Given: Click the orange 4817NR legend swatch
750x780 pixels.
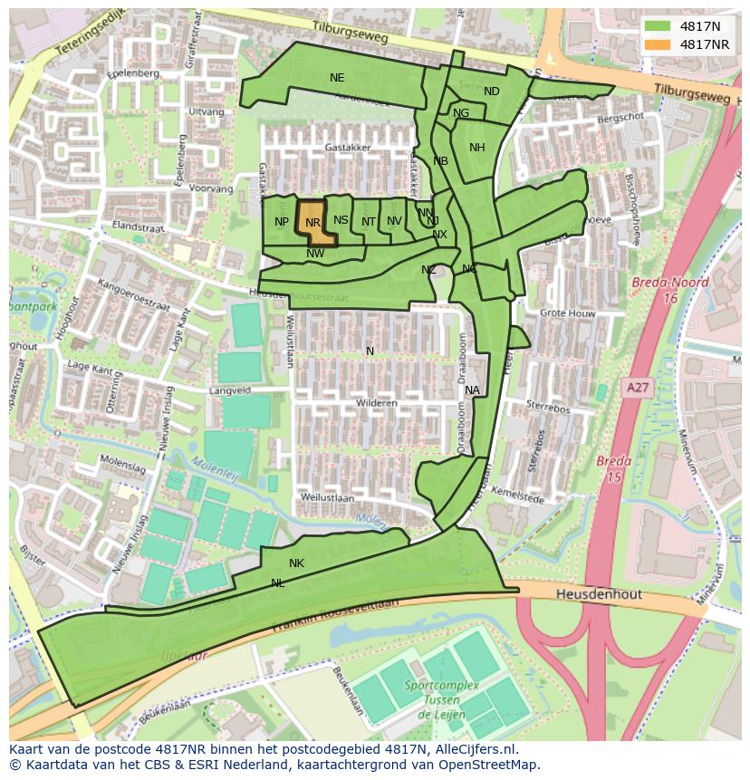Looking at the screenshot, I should point(659,44).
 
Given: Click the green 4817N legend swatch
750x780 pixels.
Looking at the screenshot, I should point(659,26).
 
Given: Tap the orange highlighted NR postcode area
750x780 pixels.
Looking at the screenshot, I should point(314,223).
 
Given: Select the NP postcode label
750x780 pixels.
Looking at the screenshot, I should point(282,222).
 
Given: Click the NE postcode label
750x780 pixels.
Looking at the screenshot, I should point(337,78).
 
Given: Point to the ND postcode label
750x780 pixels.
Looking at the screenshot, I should point(492,91).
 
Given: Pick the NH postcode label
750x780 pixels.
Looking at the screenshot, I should point(477,148).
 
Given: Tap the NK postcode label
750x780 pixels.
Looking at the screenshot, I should point(296,563).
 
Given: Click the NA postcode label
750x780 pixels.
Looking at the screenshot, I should point(472,390).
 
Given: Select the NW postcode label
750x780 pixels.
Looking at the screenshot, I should point(315,254).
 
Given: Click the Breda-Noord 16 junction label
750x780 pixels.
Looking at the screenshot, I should point(670,290).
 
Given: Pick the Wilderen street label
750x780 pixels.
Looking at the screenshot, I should point(377,402).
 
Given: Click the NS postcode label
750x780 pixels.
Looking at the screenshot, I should point(341,220).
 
